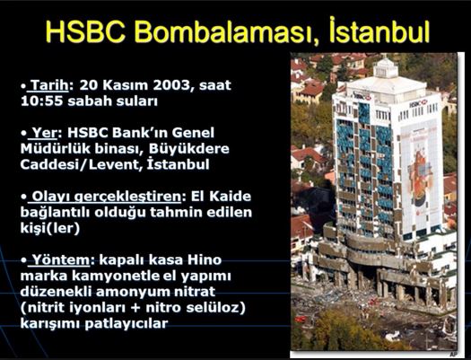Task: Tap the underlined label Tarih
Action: pyautogui.click(x=49, y=85)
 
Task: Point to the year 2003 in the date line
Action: pyautogui.click(x=171, y=85)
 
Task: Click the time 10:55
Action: pyautogui.click(x=42, y=101)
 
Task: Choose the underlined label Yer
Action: pyautogui.click(x=45, y=133)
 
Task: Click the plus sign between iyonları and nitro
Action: pyautogui.click(x=135, y=308)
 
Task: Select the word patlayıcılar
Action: pyautogui.click(x=126, y=324)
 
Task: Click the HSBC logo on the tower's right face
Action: pyautogui.click(x=418, y=103)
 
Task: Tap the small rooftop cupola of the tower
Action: pyautogui.click(x=385, y=68)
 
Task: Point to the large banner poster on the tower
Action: pyautogui.click(x=418, y=177)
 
